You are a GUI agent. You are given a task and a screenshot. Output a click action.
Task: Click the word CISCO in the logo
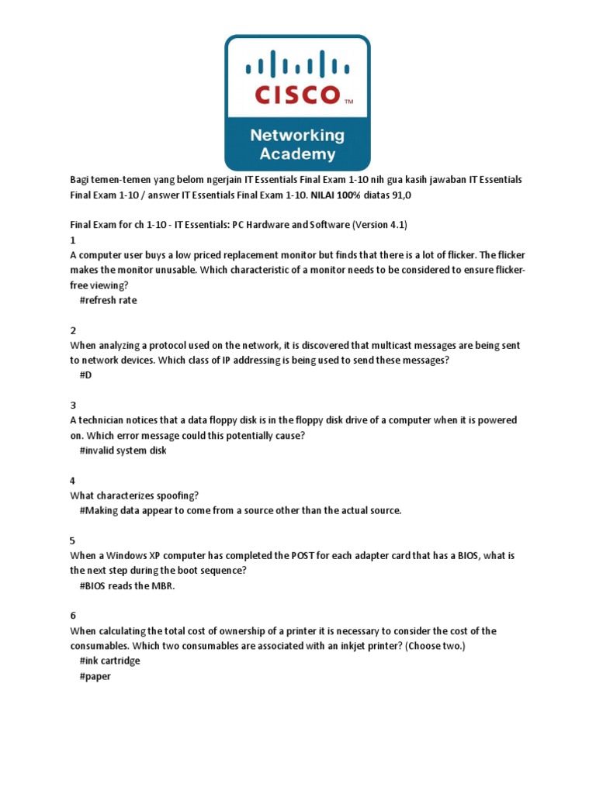tap(297, 95)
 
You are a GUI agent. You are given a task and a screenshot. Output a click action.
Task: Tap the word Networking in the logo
tap(297, 136)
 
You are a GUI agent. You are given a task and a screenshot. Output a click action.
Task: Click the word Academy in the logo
tap(297, 154)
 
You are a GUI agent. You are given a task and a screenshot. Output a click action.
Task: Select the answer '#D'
tap(86, 375)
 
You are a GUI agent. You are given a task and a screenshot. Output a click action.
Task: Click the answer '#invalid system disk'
tap(123, 451)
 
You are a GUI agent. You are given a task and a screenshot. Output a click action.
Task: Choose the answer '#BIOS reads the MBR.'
tap(127, 585)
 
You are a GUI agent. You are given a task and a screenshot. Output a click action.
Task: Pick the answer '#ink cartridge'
tap(109, 661)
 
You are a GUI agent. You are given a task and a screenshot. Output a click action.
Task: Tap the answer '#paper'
tap(95, 676)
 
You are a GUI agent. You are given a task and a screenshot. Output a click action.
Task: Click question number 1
tap(73, 240)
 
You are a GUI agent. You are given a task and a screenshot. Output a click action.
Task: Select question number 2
tap(73, 330)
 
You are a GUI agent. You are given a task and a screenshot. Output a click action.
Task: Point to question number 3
tap(73, 406)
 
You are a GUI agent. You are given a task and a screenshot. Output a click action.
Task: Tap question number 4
tap(73, 481)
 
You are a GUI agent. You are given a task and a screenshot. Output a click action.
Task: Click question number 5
tap(73, 540)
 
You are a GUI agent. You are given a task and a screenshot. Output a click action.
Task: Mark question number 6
tap(73, 616)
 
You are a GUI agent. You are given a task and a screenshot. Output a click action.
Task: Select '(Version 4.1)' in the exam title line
tap(379, 225)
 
